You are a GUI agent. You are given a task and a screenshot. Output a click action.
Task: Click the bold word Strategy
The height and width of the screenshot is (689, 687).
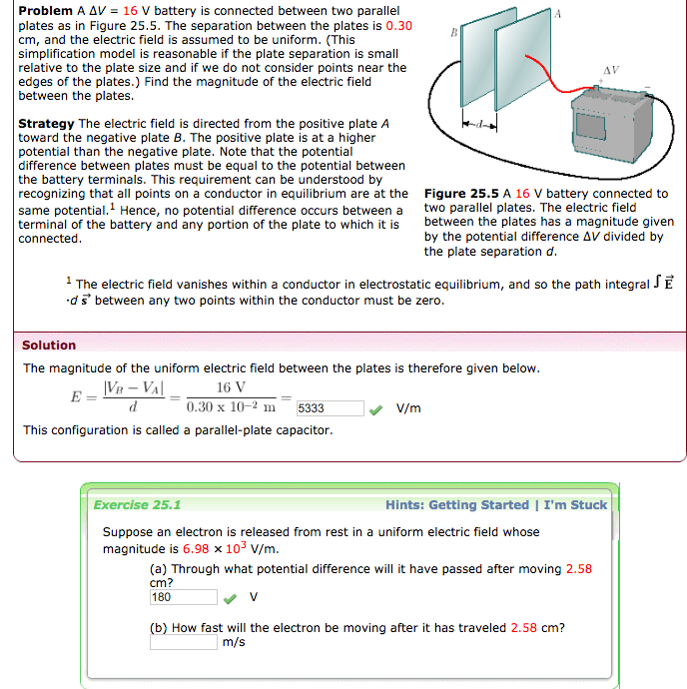coord(46,124)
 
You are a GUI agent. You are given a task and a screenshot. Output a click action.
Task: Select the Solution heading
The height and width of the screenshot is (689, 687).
coord(49,345)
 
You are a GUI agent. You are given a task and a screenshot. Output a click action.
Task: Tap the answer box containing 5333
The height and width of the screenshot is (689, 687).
coord(331,408)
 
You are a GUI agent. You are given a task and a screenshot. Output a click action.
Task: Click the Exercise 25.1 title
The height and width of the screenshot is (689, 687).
coord(137,505)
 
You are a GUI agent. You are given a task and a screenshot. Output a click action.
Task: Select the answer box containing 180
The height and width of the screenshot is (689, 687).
coord(183,597)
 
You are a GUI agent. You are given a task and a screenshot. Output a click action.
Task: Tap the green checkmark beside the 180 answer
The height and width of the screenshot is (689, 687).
coord(230,597)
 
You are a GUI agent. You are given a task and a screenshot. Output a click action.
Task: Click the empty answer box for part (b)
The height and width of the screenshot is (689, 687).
coord(183,642)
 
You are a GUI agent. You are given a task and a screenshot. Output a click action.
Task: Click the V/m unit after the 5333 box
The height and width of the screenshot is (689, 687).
coord(408,408)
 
